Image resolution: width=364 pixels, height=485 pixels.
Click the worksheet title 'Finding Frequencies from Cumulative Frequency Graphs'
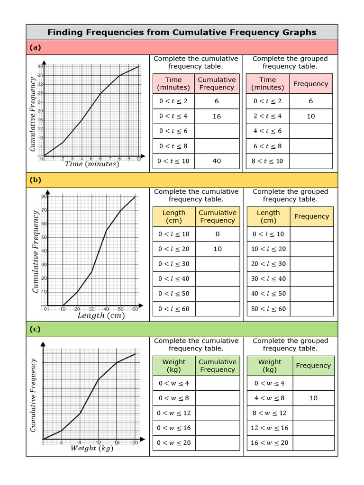(x=182, y=32)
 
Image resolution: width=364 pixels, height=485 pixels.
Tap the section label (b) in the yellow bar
(x=35, y=180)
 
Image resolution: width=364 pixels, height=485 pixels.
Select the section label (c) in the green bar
(x=35, y=329)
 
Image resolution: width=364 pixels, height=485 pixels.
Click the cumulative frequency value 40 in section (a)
(x=217, y=161)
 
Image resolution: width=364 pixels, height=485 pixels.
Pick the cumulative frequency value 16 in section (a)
(x=217, y=116)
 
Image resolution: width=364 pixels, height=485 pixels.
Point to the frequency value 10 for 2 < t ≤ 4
(x=310, y=116)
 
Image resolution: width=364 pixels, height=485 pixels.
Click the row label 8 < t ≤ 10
(x=267, y=161)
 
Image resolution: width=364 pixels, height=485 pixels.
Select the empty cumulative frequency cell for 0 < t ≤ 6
(x=217, y=131)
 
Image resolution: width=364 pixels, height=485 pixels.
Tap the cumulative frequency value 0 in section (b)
(x=217, y=234)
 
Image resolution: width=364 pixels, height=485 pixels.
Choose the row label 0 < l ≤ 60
(x=173, y=309)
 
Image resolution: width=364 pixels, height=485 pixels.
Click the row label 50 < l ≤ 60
(x=268, y=309)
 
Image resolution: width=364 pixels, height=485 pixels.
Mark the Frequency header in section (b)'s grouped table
(x=311, y=216)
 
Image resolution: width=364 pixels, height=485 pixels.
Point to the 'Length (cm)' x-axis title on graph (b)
(x=101, y=315)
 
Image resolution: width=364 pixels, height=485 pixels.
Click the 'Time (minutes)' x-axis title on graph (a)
(x=92, y=164)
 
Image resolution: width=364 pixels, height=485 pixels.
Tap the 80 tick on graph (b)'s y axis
(x=44, y=197)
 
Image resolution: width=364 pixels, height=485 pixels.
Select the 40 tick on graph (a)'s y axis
(x=40, y=66)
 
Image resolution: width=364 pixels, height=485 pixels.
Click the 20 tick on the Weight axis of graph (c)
(x=135, y=443)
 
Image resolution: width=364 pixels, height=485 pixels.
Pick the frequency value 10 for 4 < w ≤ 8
(x=313, y=398)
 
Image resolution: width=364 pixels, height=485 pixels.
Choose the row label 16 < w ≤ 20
(x=269, y=443)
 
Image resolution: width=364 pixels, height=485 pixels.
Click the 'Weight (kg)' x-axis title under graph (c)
(x=92, y=449)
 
